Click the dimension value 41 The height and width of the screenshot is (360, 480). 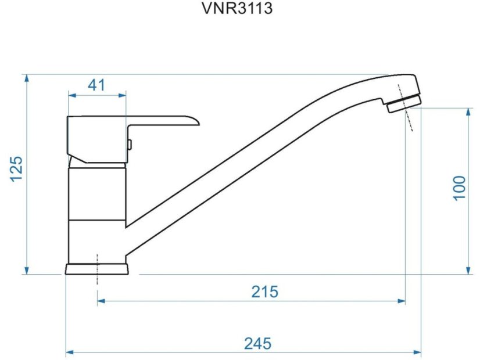tap(96, 85)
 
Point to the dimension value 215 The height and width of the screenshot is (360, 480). tap(264, 291)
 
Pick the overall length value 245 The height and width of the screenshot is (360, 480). tap(257, 343)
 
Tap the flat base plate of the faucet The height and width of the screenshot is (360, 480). tap(97, 269)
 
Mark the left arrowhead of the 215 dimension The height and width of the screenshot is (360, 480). tap(101, 301)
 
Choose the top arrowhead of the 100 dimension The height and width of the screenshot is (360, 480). tap(468, 111)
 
